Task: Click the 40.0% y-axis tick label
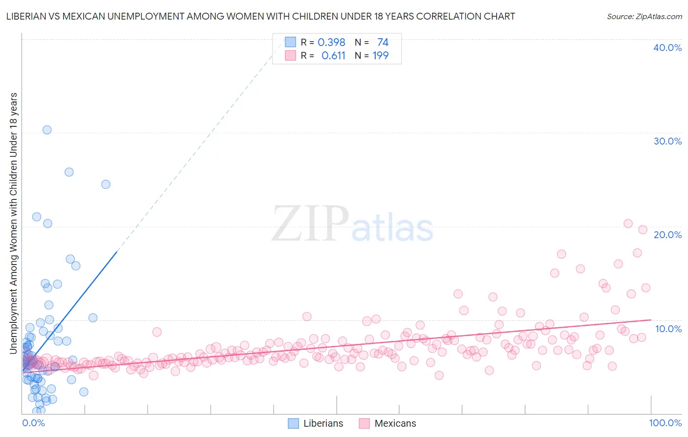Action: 667,48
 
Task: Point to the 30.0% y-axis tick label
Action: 667,141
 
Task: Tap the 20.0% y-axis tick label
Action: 667,235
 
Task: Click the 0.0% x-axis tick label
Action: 33,423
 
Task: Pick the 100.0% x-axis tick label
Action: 665,423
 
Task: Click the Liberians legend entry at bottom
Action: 316,423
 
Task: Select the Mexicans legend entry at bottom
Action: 387,423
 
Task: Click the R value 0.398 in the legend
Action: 331,43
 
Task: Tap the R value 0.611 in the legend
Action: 333,56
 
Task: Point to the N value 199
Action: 380,56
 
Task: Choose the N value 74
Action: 383,43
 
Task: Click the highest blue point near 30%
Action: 47,130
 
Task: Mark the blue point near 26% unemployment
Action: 69,172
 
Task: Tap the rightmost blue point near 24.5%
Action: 106,184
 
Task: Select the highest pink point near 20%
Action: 628,223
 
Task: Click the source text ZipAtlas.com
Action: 644,17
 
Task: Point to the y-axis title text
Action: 13,223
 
